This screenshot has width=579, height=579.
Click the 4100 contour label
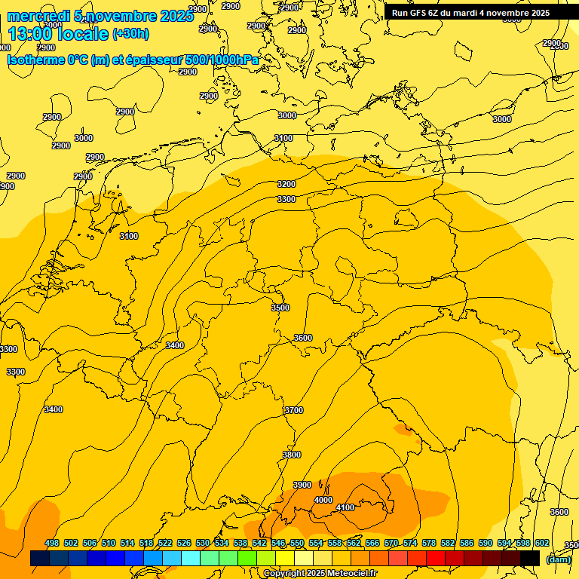pyautogui.click(x=345, y=507)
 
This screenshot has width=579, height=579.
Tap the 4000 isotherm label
pyautogui.click(x=323, y=500)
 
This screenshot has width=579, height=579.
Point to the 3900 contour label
pyautogui.click(x=302, y=485)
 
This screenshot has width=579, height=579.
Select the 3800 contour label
pyautogui.click(x=291, y=455)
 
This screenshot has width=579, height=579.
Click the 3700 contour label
pyautogui.click(x=294, y=410)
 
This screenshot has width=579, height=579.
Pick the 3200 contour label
pyautogui.click(x=286, y=184)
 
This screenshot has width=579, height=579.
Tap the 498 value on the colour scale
pyautogui.click(x=52, y=543)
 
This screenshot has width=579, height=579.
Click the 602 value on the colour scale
pyautogui.click(x=541, y=543)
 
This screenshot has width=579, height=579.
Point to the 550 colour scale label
pyautogui.click(x=297, y=543)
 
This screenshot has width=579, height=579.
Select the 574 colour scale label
pyautogui.click(x=410, y=543)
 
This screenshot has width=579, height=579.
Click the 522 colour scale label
pyautogui.click(x=165, y=543)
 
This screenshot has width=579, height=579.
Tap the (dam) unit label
pyautogui.click(x=558, y=559)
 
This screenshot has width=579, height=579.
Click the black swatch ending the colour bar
pyautogui.click(x=530, y=559)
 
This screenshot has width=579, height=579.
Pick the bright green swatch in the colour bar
pyautogui.click(x=247, y=559)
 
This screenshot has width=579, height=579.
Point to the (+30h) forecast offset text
pyautogui.click(x=130, y=34)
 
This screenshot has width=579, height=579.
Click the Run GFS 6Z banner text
pyautogui.click(x=470, y=13)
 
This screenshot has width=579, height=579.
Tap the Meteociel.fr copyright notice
pyautogui.click(x=320, y=573)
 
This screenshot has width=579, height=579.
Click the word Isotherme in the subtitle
pyautogui.click(x=35, y=60)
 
